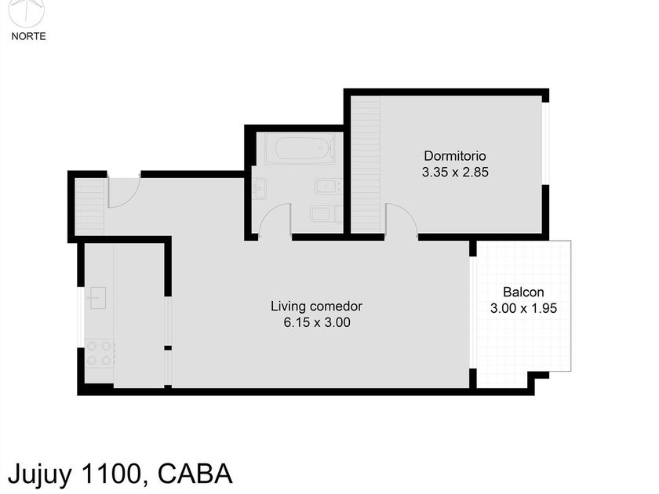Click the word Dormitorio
[x=455, y=155]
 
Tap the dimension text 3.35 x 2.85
[x=455, y=173]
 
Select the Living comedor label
[x=316, y=306]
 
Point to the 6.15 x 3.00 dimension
[x=316, y=322]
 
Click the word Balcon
[x=523, y=292]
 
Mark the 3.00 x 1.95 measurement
[x=523, y=309]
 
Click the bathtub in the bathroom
[x=299, y=148]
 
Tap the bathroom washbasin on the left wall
[x=260, y=188]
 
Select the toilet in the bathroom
[x=324, y=213]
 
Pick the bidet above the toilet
[x=326, y=187]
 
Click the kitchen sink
[x=97, y=297]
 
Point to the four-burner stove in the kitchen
[x=100, y=353]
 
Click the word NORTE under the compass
[x=28, y=36]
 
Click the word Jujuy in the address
[x=38, y=474]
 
